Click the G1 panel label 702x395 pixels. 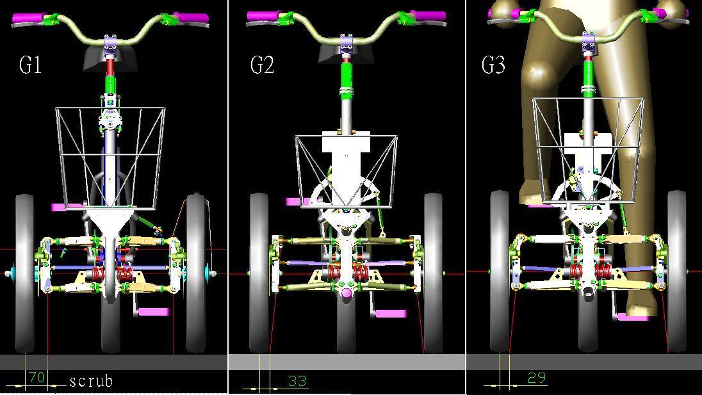point(31,65)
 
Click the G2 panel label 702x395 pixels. point(262,65)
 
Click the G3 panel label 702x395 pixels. point(493,65)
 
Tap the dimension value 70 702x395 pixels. point(37,377)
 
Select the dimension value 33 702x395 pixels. point(297,381)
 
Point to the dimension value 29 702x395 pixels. point(537,378)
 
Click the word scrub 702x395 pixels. point(91,381)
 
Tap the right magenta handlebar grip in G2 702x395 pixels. point(429,16)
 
